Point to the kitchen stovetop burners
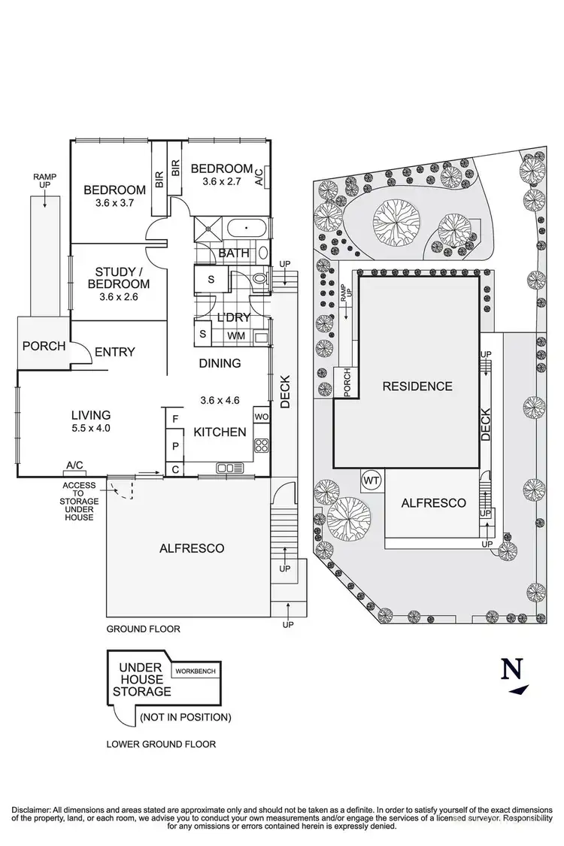click(x=262, y=444)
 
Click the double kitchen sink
click(x=226, y=468)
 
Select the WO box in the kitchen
click(x=261, y=416)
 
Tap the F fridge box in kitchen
click(x=174, y=418)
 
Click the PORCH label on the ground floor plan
click(x=44, y=347)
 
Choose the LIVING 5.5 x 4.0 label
click(x=91, y=421)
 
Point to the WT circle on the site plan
click(x=371, y=479)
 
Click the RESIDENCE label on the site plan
click(x=417, y=387)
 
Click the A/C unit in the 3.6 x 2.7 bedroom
click(x=259, y=176)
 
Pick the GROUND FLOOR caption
click(x=143, y=629)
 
